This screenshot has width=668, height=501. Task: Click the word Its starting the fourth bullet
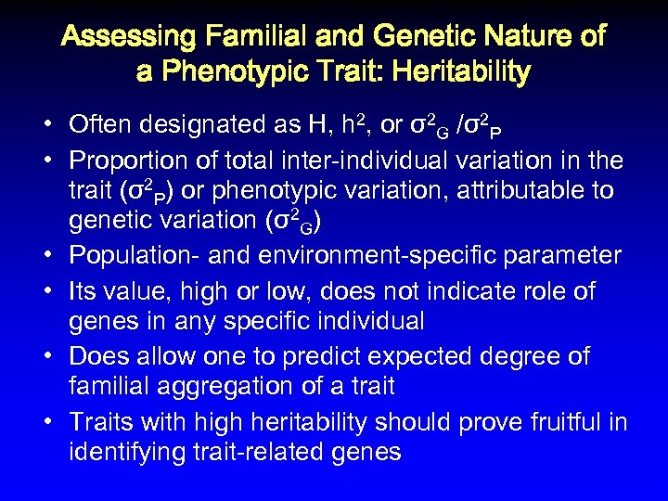pyautogui.click(x=83, y=290)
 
